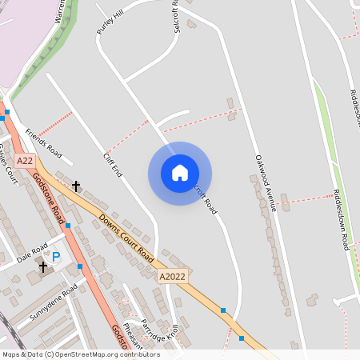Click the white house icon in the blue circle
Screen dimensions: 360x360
click(180, 173)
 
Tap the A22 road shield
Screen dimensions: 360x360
click(25, 161)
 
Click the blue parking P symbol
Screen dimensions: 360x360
click(56, 257)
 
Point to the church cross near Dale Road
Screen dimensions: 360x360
click(42, 267)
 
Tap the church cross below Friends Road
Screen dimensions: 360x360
click(77, 186)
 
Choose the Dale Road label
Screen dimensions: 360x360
click(33, 253)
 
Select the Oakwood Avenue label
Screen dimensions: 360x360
click(266, 182)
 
